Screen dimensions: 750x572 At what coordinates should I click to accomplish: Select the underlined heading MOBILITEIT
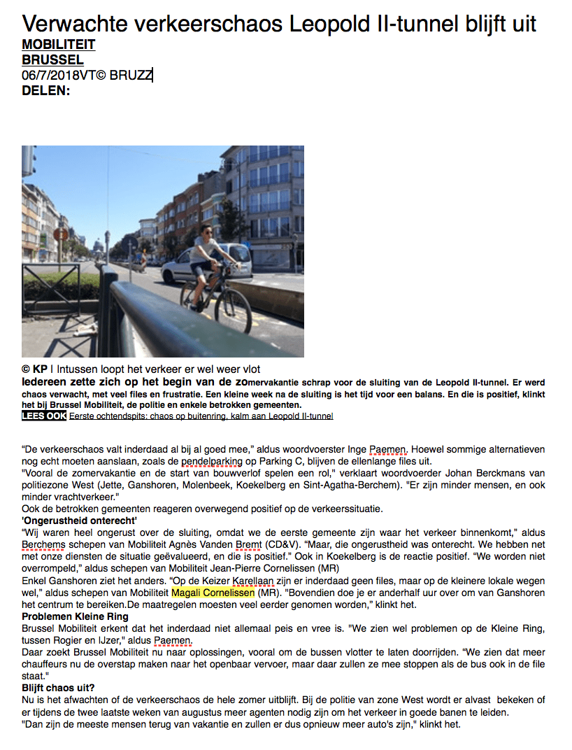point(59,45)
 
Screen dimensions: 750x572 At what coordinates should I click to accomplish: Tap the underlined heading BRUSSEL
point(52,60)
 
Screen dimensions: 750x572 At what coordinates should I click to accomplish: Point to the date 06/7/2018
point(50,75)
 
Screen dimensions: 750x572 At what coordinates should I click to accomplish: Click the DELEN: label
point(46,90)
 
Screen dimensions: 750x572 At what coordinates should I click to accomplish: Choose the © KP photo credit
point(34,369)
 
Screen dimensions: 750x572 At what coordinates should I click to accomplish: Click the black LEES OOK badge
point(44,416)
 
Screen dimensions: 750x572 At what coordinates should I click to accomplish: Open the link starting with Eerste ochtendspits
point(201,416)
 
